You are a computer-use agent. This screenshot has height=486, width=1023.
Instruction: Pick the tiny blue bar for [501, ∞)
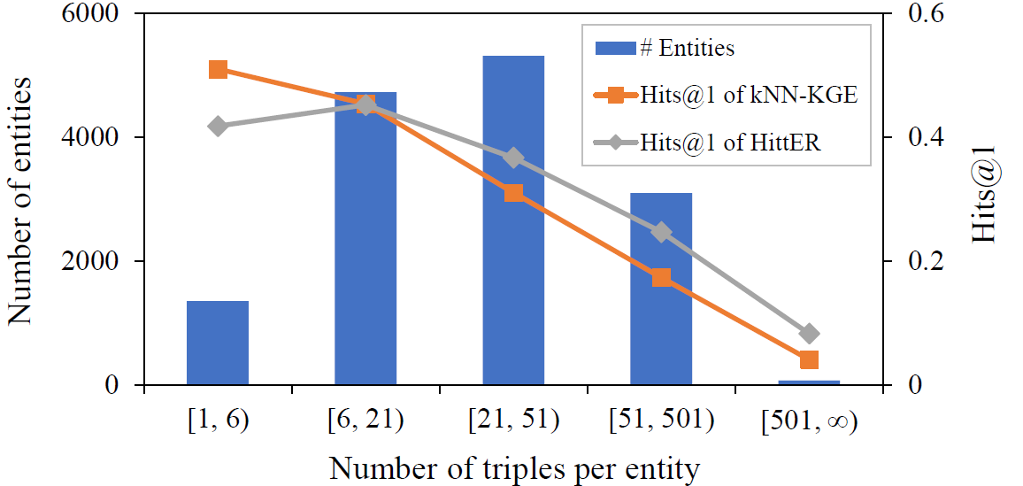[x=809, y=382]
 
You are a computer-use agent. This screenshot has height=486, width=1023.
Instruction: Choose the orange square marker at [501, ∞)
[x=809, y=359]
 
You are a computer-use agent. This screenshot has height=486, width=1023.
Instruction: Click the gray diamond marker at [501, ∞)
[x=809, y=334]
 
